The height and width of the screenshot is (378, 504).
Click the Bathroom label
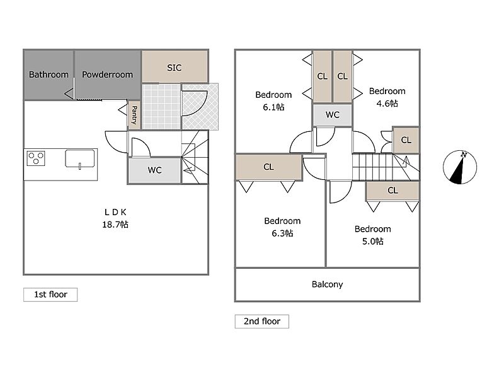(49, 74)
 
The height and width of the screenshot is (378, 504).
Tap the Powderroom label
(107, 74)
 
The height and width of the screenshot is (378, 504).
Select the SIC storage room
(175, 66)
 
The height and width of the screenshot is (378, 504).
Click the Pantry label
(134, 115)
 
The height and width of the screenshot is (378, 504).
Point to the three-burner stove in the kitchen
(36, 158)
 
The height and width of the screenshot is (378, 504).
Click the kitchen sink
(80, 159)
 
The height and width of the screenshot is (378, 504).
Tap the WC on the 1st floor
(154, 170)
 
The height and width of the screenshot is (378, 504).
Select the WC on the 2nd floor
(333, 115)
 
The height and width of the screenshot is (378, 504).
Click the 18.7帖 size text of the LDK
(115, 225)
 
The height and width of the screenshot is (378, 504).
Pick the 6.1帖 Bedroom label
(273, 101)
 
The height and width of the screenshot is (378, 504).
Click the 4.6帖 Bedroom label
(387, 97)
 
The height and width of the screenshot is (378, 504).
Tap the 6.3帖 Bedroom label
(282, 227)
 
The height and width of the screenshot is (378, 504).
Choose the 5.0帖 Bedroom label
(372, 235)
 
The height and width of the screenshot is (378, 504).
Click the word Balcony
(327, 285)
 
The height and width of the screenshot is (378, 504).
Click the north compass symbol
(460, 167)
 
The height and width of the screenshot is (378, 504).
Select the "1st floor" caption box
(50, 295)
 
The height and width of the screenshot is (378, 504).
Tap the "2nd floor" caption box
(262, 321)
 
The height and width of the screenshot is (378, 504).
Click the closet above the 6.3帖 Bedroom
(269, 167)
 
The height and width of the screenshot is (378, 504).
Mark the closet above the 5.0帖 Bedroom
(392, 191)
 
